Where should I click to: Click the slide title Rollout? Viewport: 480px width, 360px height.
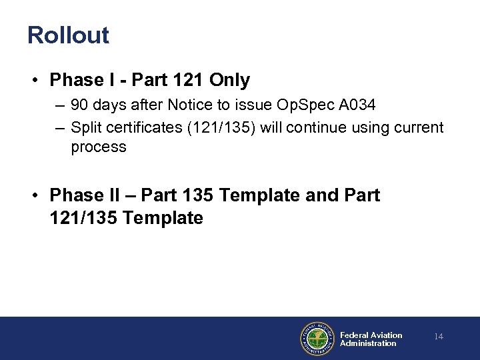68,35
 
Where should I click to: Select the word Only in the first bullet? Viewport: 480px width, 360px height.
229,81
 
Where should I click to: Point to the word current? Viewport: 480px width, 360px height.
418,127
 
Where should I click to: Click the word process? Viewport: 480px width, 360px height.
98,147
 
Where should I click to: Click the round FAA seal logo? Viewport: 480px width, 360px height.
316,339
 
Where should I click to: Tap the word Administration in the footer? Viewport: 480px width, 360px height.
368,344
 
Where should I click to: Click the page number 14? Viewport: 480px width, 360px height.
439,337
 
